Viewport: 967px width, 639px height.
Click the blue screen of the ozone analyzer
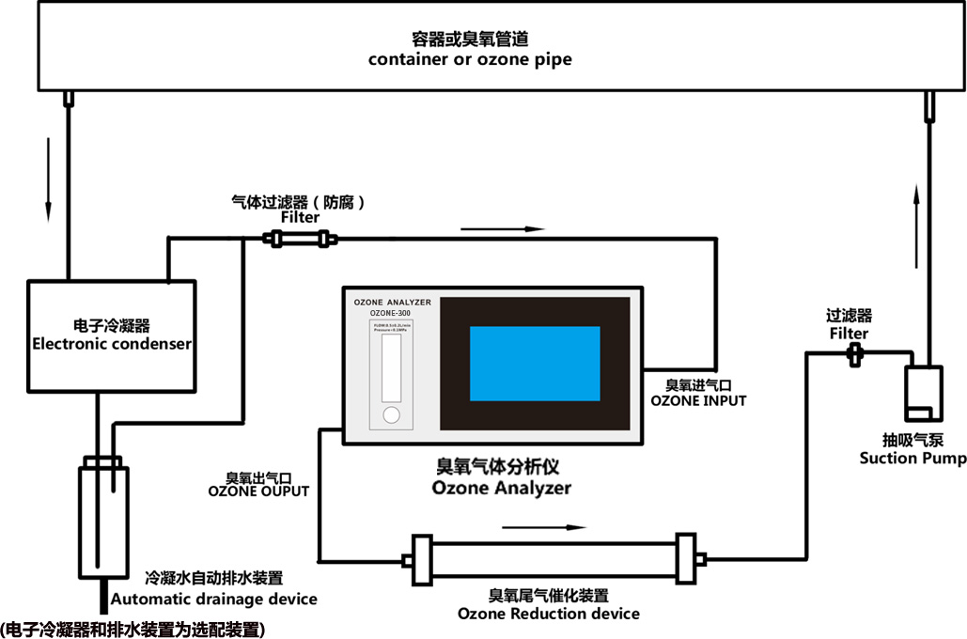coord(535,364)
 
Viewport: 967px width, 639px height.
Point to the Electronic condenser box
coord(112,335)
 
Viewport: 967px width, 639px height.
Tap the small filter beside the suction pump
coord(855,353)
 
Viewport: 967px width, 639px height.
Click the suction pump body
coord(920,394)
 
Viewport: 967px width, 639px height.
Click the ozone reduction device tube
coord(553,559)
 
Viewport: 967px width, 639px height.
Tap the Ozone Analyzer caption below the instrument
coord(501,479)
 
